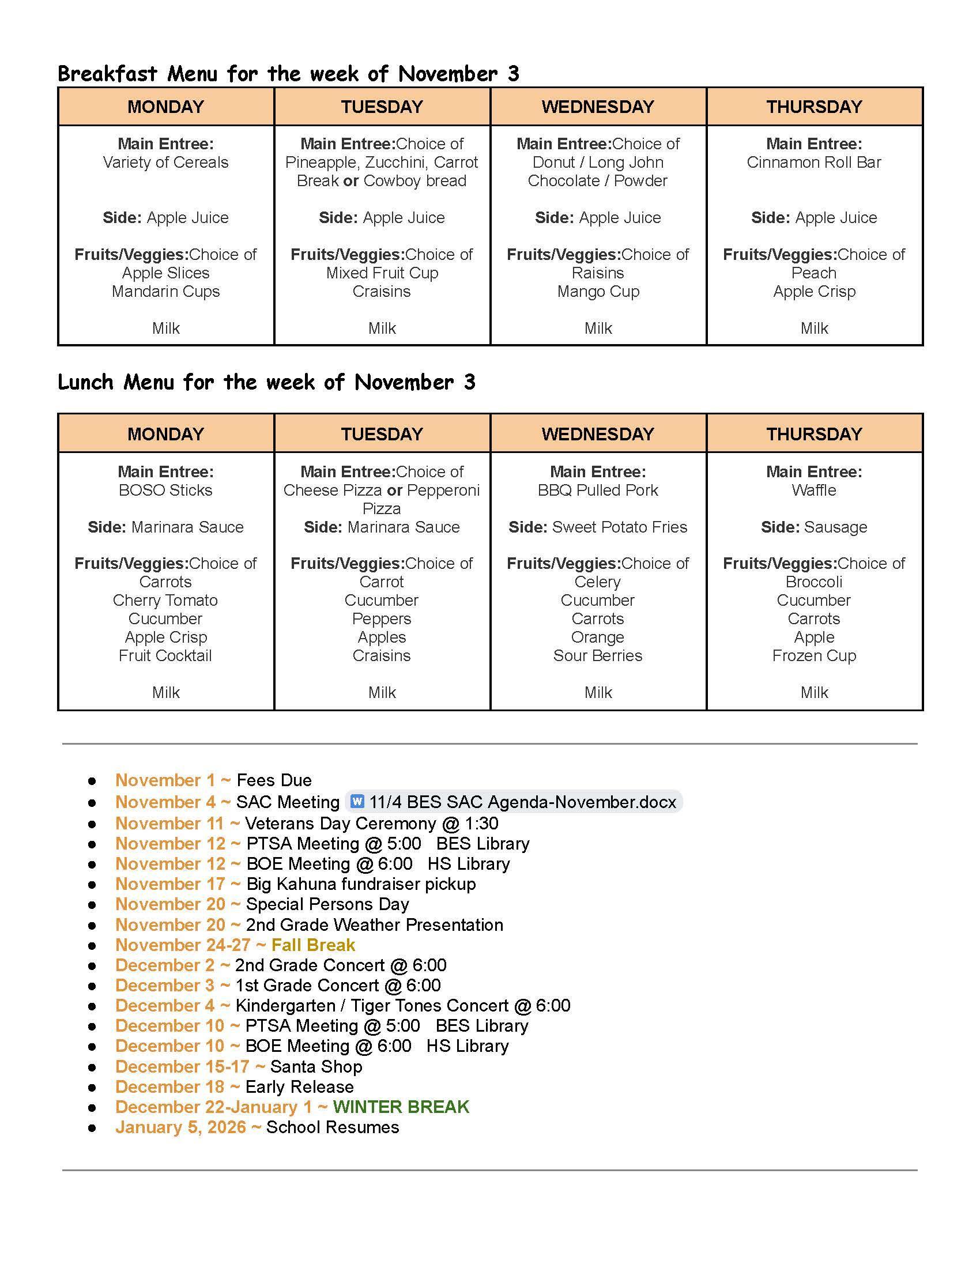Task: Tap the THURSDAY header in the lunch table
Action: coord(814,433)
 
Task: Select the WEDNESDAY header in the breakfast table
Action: coord(597,107)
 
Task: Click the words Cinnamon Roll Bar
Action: coord(814,163)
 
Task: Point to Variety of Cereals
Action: coord(165,163)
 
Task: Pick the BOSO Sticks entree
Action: coord(165,490)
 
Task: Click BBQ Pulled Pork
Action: coord(597,490)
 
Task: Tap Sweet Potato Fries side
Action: coord(619,527)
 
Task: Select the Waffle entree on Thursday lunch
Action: coord(814,490)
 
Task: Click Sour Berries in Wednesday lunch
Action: coord(597,655)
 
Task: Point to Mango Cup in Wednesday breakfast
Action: coord(597,292)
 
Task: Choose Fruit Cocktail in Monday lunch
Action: coord(165,655)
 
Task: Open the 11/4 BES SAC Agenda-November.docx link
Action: coord(522,802)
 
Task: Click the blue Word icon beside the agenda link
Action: coord(357,802)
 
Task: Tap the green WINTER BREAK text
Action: coord(401,1107)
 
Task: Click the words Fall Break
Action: coord(313,945)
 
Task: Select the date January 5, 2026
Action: coord(180,1127)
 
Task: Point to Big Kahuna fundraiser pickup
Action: coord(360,884)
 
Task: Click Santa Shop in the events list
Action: coord(316,1066)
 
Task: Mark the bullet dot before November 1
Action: coord(92,782)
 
